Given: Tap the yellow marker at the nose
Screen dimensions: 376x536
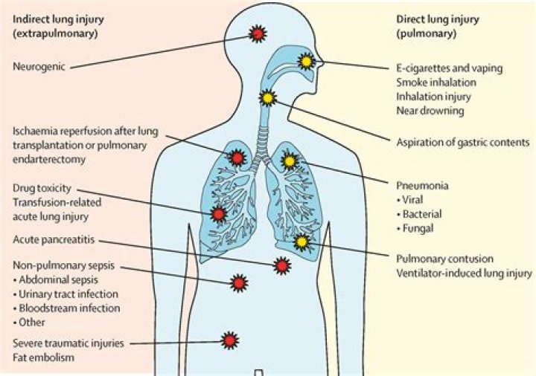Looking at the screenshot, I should tap(304, 62).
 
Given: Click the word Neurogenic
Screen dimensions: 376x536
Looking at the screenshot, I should tap(39, 67).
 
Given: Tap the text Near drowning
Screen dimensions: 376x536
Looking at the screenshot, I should tap(430, 111).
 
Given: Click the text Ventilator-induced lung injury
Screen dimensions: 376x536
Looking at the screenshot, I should tap(464, 273).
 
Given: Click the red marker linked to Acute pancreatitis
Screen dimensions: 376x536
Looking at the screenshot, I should tap(281, 265).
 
